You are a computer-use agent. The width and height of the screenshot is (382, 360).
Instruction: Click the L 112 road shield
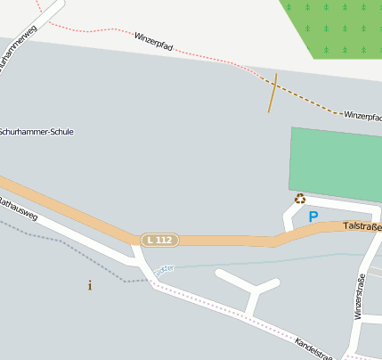click(x=160, y=240)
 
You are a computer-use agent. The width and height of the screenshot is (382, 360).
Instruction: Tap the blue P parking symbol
click(x=313, y=217)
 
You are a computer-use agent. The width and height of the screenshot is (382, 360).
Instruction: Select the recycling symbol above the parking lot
click(x=300, y=199)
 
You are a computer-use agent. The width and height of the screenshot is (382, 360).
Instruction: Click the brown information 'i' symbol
click(x=89, y=285)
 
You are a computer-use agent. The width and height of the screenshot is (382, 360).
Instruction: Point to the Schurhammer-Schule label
click(x=37, y=132)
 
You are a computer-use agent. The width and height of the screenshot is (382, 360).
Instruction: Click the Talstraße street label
click(x=362, y=226)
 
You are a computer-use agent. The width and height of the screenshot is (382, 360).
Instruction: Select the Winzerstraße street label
click(x=360, y=297)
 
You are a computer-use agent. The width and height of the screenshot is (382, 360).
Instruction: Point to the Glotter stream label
click(x=164, y=268)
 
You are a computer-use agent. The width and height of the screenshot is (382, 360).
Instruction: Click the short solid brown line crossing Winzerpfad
click(x=272, y=93)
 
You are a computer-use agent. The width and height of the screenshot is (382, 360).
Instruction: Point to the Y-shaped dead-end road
click(x=253, y=289)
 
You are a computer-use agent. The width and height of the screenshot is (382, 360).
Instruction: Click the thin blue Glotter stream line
click(x=267, y=260)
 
